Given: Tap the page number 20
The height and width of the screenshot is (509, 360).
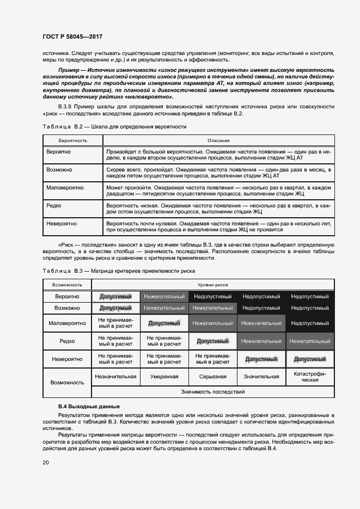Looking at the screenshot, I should [x=45, y=462].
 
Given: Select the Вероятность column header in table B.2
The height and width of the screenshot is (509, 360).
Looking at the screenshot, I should [x=66, y=140].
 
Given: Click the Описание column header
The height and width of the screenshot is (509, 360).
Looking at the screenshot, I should [x=218, y=140].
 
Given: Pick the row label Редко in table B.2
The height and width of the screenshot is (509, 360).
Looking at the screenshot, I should [x=54, y=206].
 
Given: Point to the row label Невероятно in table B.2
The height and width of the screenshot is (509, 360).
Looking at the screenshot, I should [x=62, y=223].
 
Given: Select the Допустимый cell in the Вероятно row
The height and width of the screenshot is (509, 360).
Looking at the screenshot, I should [x=115, y=297].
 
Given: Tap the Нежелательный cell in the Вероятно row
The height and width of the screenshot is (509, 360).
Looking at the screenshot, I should [x=164, y=297].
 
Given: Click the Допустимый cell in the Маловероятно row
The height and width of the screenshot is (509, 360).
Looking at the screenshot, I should [x=164, y=323].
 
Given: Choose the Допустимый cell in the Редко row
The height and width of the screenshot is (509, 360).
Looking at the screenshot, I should [x=213, y=341].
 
